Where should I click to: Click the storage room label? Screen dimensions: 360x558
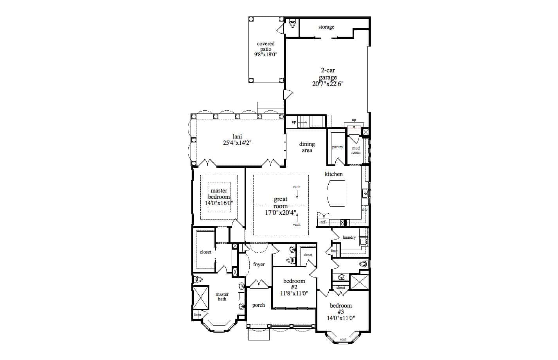326,27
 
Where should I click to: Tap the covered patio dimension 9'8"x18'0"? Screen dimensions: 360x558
266,55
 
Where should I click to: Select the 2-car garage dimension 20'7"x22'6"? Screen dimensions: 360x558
328,84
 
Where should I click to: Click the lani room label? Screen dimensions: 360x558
237,137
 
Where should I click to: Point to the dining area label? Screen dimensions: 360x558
307,147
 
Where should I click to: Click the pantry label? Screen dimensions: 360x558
337,147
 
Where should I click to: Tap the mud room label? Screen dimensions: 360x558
356,150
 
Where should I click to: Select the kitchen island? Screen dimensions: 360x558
336,193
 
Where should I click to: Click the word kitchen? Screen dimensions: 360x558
333,174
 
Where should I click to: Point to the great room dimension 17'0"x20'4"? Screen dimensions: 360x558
281,213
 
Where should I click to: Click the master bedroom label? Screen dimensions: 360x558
219,194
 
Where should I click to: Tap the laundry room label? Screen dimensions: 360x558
349,237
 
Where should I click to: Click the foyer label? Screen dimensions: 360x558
259,265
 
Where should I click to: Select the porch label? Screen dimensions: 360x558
258,305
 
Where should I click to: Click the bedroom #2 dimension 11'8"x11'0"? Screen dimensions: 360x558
294,293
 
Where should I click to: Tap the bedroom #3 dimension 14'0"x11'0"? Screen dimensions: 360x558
341,318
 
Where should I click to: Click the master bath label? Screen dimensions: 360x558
222,297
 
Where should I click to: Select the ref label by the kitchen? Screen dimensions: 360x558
322,222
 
